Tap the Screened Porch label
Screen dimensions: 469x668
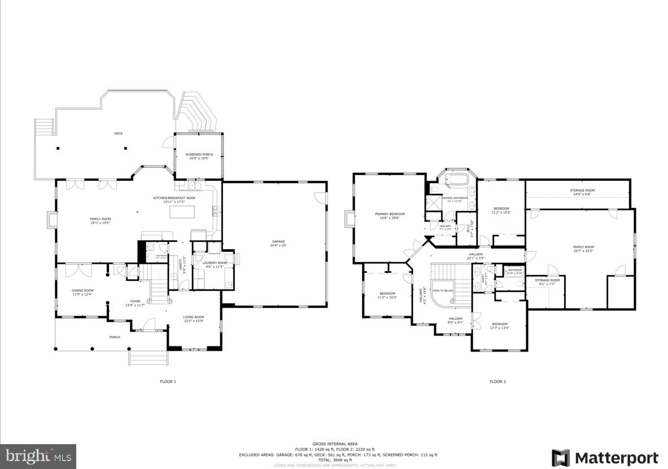199,156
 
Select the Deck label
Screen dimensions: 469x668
119,133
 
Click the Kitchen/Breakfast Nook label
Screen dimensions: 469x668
170,199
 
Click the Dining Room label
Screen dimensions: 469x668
82,292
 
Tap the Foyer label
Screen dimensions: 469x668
135,303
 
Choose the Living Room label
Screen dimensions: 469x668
193,319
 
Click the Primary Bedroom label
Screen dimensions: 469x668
390,216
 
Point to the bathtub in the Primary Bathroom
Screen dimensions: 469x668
457,181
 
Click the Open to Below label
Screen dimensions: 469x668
443,290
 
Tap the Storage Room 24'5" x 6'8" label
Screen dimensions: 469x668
582,192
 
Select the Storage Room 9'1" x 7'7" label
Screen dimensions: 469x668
547,282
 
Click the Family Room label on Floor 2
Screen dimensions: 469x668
583,249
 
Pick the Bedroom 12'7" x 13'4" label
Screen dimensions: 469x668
499,325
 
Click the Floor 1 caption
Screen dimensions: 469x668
168,381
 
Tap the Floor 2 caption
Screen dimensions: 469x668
497,381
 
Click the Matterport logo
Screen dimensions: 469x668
605,457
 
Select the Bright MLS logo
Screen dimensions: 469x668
38,455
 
